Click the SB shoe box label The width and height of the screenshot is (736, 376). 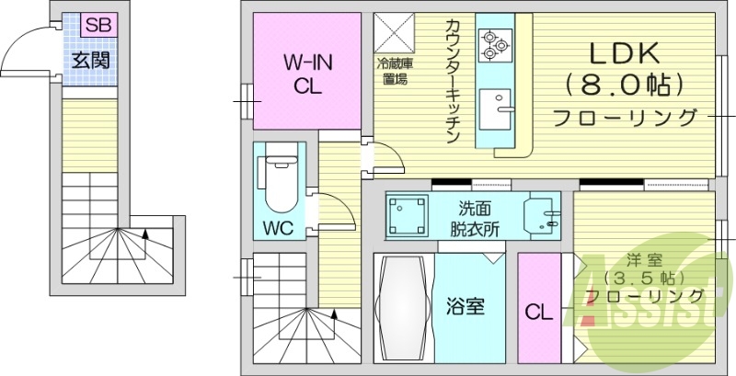click(98, 26)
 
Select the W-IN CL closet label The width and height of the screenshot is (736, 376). click(307, 74)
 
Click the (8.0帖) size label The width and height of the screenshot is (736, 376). click(626, 85)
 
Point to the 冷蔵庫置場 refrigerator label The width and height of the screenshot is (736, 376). click(394, 72)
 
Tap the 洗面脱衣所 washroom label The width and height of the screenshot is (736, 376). click(474, 219)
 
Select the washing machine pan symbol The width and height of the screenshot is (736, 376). click(405, 216)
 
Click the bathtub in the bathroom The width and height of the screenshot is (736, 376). click(403, 308)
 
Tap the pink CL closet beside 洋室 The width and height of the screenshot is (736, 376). click(539, 312)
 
